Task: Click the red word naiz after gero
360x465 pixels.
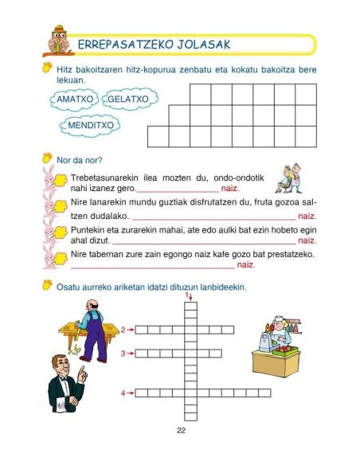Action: [230, 190]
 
